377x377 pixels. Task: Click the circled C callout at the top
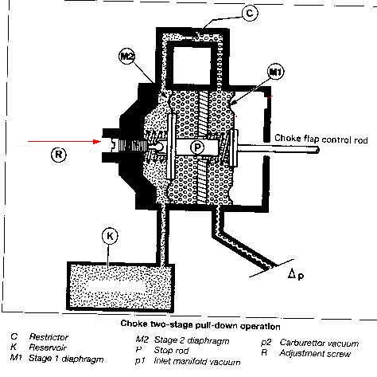250,13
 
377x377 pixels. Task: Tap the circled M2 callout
127,57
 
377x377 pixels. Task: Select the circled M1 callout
276,72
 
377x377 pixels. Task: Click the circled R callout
59,154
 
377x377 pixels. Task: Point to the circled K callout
110,236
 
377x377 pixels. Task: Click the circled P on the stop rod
197,147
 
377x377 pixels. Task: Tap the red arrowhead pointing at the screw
97,141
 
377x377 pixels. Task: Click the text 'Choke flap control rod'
321,139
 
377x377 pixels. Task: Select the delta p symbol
296,274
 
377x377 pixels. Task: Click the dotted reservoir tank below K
121,286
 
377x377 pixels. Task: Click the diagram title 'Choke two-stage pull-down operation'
200,324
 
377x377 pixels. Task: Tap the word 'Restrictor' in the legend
49,337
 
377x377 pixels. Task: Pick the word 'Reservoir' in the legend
48,348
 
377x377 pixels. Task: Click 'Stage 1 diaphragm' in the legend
66,359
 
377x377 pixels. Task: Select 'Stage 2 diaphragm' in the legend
192,340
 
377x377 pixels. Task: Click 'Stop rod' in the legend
171,351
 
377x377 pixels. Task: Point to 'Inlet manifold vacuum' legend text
197,361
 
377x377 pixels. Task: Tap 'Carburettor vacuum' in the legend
319,343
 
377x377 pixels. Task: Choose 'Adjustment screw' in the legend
315,354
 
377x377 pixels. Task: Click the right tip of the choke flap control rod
318,150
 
